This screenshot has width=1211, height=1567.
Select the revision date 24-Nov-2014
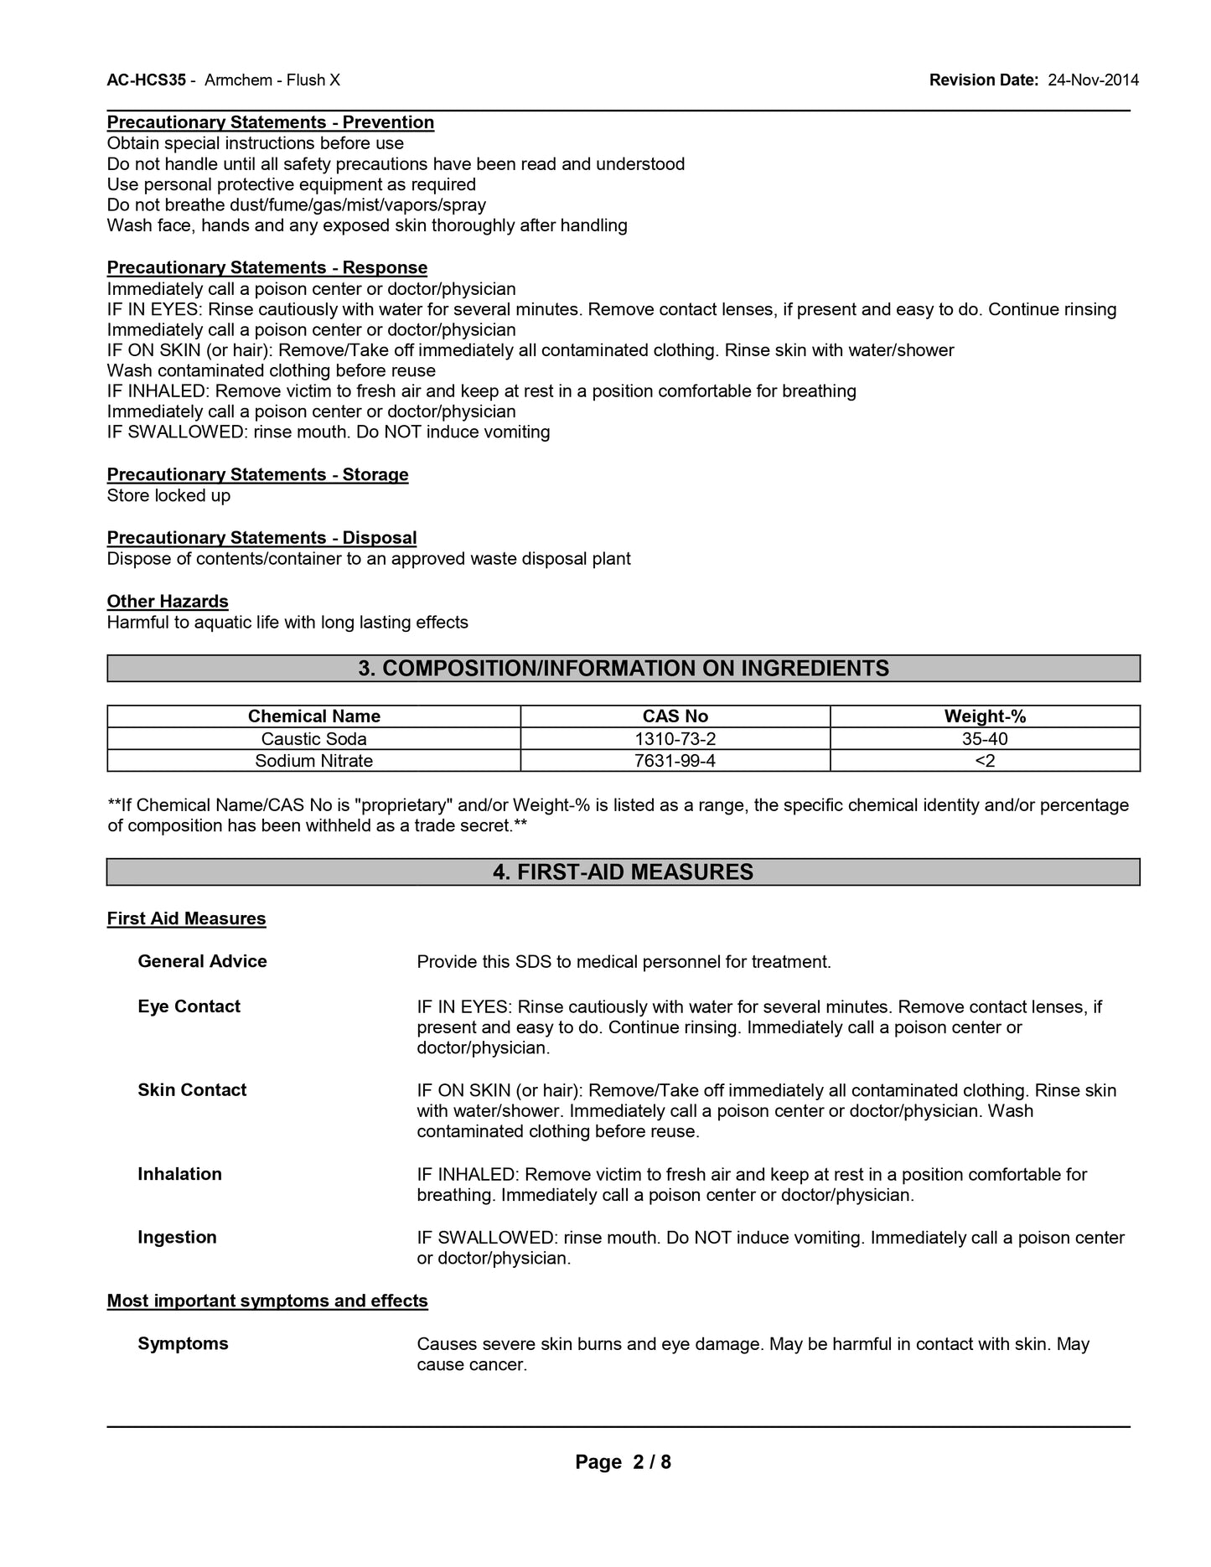coord(1093,80)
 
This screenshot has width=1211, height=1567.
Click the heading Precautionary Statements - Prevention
coord(271,122)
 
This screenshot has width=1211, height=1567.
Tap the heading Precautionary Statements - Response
coord(267,267)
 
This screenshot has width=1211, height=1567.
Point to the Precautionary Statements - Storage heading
coord(258,474)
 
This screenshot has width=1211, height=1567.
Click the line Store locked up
coord(168,495)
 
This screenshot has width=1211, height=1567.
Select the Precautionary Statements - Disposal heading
coord(261,537)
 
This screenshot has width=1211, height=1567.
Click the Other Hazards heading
coord(168,601)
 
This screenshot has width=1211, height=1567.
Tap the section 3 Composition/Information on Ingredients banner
coord(624,668)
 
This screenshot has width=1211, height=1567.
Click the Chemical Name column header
coord(313,716)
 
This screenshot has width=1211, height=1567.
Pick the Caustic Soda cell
coord(313,738)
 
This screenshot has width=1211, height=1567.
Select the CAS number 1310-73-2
coord(675,738)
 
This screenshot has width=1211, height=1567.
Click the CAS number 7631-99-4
coord(675,760)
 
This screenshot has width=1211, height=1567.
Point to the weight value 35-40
coord(985,738)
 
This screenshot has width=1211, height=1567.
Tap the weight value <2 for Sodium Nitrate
coord(985,760)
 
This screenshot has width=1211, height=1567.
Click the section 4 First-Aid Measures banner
coord(624,871)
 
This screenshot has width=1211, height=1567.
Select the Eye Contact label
coord(189,1006)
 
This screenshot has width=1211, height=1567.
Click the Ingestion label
coord(177,1237)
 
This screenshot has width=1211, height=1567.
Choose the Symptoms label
coord(183,1343)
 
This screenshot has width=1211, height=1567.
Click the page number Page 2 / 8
coord(623,1462)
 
